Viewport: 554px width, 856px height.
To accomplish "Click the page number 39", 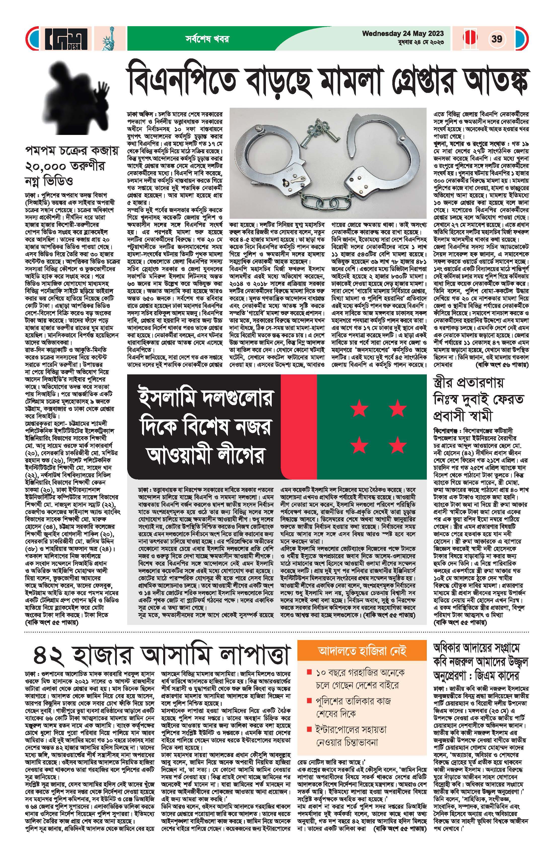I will point(497,39).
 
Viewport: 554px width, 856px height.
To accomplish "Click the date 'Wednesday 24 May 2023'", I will point(403,33).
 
